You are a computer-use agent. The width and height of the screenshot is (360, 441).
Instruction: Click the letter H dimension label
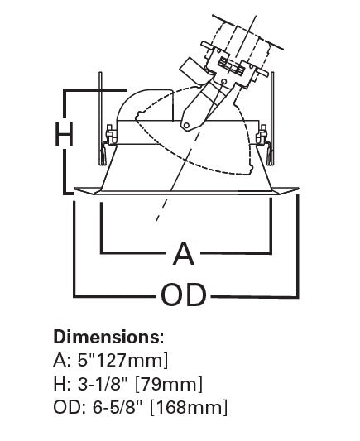pos(64,134)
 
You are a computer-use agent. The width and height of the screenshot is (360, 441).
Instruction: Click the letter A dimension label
pos(184,253)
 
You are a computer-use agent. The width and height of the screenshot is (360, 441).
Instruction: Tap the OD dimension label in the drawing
pos(184,295)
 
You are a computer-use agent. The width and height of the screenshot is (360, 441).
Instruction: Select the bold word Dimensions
pos(108,337)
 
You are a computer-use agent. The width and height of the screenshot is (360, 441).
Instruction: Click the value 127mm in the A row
pos(132,360)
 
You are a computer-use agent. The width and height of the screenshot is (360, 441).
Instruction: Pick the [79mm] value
pos(169,384)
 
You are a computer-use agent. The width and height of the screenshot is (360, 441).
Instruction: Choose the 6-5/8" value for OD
pos(118,407)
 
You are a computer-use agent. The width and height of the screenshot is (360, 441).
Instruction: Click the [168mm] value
pos(189,408)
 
